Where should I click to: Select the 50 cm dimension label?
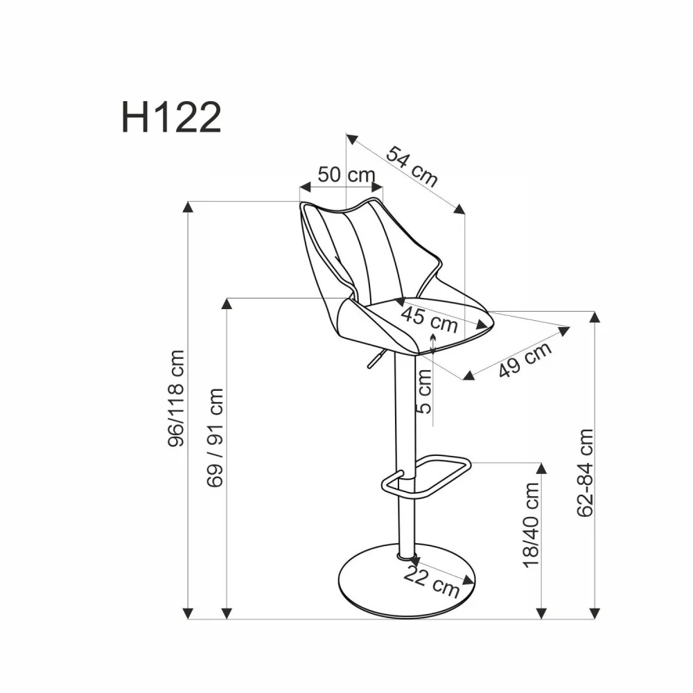click(x=346, y=175)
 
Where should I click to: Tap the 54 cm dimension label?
click(x=412, y=167)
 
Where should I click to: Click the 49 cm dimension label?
click(x=525, y=360)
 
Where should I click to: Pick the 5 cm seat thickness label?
click(x=424, y=391)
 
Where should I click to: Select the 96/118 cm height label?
click(x=177, y=398)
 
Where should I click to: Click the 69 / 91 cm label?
click(x=216, y=437)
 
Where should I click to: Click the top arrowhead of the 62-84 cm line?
click(x=594, y=317)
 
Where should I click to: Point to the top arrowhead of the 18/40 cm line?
click(x=541, y=468)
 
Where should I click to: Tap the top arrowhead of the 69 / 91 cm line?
click(x=227, y=304)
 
